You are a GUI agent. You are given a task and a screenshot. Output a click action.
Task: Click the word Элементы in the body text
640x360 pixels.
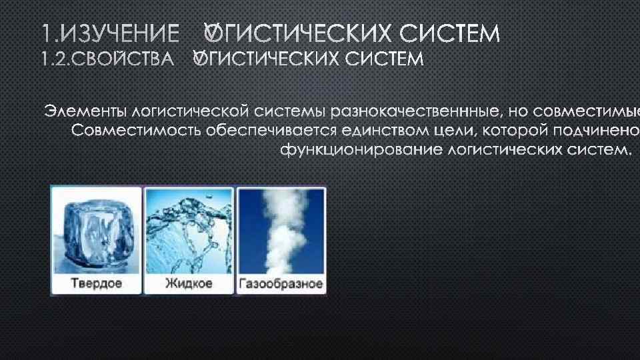pos(85,109)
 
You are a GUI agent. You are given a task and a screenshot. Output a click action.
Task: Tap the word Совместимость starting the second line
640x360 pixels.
pos(133,129)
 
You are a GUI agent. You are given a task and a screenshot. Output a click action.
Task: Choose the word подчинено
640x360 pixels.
pos(595,129)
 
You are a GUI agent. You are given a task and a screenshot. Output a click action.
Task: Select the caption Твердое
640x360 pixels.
pos(97,283)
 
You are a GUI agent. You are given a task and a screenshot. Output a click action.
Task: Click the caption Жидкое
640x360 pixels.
pos(189,283)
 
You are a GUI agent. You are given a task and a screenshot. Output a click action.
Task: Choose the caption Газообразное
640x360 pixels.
pos(281,284)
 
